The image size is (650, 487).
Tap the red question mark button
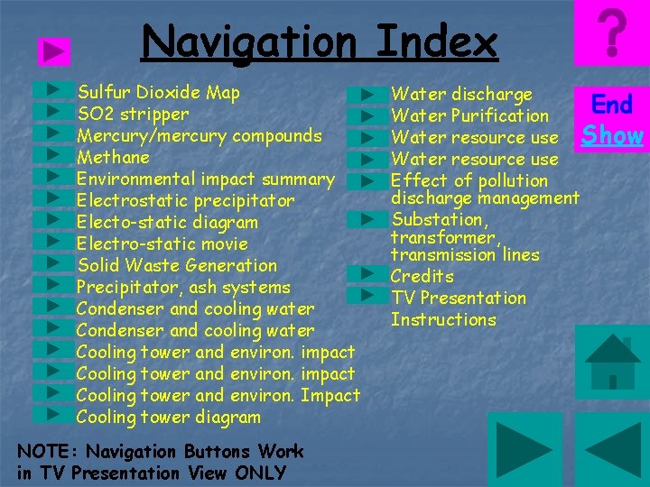pos(612,33)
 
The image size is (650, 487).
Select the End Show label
pos(612,120)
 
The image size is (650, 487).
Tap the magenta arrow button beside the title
pos(56,52)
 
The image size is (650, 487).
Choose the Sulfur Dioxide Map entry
pos(158,92)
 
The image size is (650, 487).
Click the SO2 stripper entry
pos(133,115)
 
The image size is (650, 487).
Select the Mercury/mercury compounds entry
pos(199,136)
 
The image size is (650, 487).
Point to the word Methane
pos(113,158)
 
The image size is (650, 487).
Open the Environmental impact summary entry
pos(205,179)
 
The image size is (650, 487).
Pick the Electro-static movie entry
pos(162,244)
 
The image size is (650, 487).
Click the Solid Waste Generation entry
pos(176,266)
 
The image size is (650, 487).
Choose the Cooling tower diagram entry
pos(168,418)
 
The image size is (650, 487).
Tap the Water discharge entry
pos(461,94)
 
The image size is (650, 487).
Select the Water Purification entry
pos(469,115)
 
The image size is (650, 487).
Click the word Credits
pos(422,276)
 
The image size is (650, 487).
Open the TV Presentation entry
pos(458,298)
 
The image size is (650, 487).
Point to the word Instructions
pos(443,319)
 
